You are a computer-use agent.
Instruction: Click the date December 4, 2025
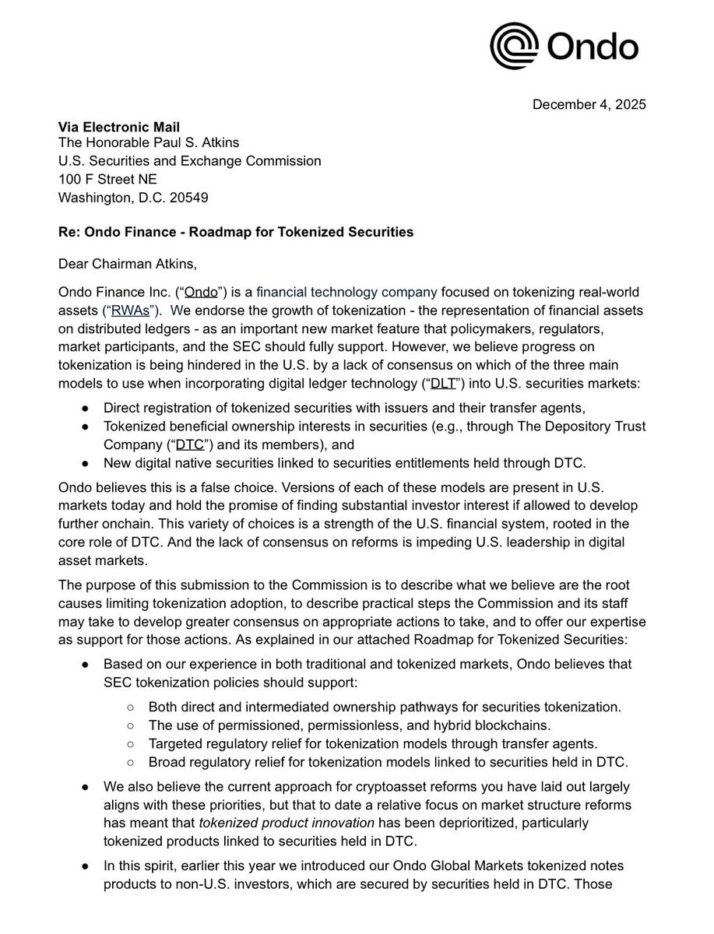589,104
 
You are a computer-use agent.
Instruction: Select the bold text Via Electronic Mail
119,126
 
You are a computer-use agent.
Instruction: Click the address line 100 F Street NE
107,179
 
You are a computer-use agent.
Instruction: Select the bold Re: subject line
236,232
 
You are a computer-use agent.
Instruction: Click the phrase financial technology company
346,293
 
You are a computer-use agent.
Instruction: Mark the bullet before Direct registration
85,408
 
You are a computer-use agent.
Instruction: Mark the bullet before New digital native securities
85,463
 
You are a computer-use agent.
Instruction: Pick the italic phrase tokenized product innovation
287,823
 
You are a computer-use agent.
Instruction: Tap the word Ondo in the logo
593,47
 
